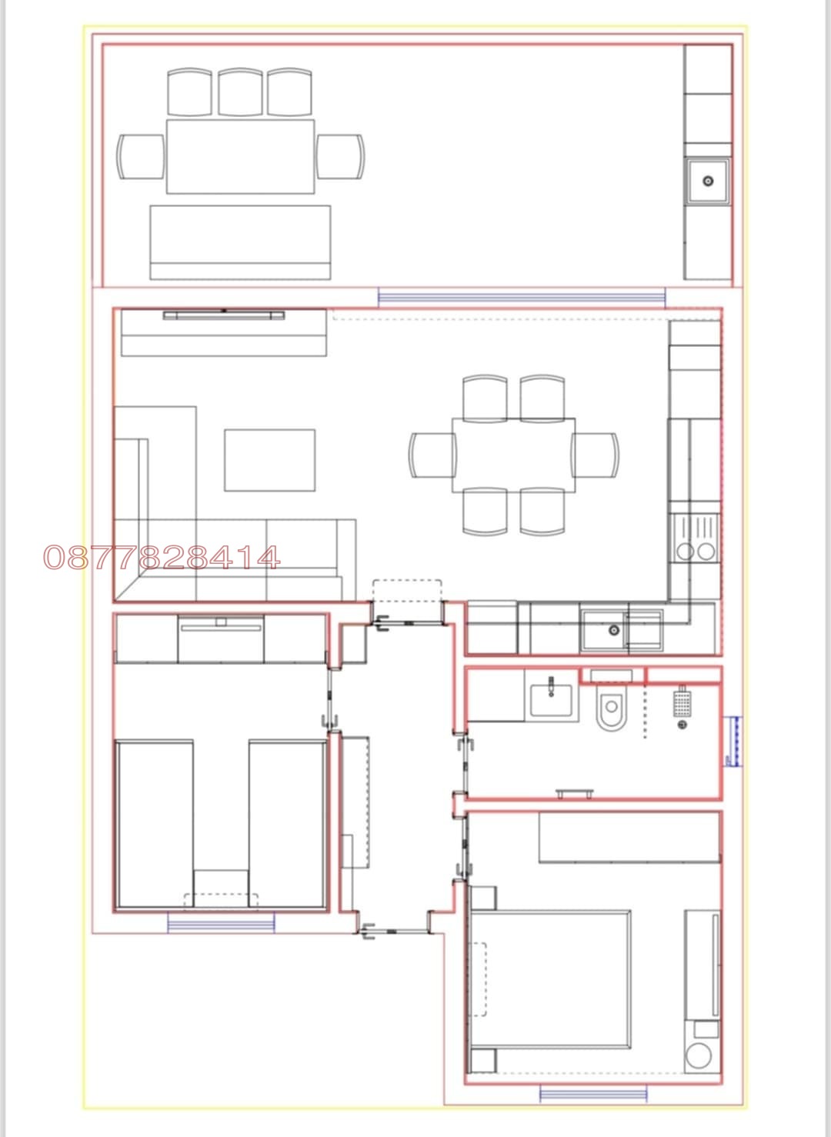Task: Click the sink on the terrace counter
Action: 708,182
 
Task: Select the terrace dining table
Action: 240,156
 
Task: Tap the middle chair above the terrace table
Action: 240,92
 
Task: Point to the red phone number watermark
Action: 162,558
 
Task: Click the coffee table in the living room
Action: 269,460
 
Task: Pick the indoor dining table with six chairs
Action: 513,455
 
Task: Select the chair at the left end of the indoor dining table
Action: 432,455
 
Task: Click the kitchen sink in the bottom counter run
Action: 613,630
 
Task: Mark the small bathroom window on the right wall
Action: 733,741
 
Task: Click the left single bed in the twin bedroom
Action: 155,823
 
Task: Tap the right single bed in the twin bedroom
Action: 288,823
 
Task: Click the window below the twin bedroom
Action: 221,923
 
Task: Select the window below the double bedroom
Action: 592,1093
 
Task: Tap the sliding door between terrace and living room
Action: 522,297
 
